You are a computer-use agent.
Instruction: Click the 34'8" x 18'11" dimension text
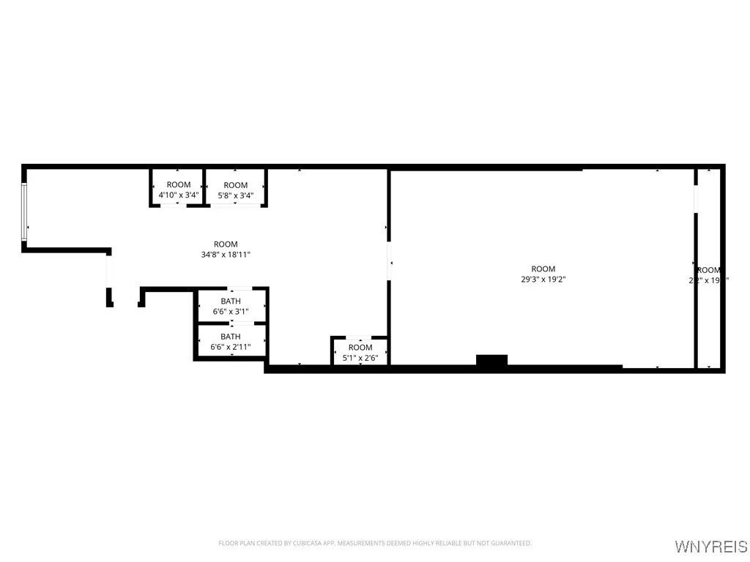(226, 255)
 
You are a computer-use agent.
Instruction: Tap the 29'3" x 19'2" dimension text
(543, 279)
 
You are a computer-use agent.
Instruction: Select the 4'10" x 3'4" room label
(178, 195)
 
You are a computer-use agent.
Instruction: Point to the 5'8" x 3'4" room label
(235, 195)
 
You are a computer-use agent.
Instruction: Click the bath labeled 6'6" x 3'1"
(231, 306)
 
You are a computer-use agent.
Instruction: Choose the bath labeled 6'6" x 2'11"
(231, 342)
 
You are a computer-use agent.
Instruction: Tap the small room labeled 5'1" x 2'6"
(360, 352)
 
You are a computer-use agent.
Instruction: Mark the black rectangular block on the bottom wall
(491, 360)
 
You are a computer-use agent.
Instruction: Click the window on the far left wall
(24, 211)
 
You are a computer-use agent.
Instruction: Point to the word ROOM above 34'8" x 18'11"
(226, 244)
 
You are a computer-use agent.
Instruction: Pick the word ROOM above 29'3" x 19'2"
(543, 269)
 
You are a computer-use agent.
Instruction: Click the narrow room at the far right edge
(708, 271)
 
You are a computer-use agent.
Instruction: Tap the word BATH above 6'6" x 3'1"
(231, 301)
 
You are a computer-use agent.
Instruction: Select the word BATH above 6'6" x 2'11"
(231, 337)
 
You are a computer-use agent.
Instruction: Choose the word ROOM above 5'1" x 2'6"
(360, 347)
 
